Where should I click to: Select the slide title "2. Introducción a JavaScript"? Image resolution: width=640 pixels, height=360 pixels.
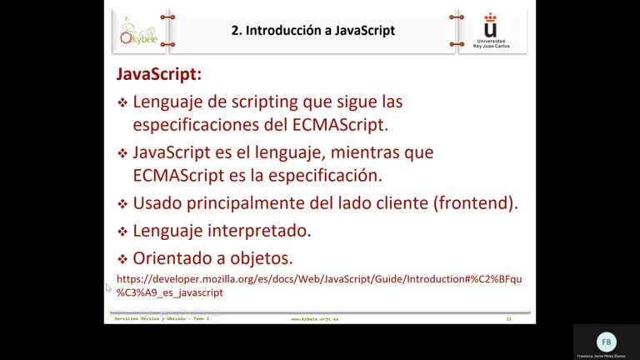313,31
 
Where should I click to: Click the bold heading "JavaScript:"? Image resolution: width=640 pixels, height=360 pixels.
158,74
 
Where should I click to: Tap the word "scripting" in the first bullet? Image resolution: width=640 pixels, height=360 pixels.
266,102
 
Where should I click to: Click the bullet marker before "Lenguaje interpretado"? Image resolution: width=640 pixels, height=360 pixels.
122,231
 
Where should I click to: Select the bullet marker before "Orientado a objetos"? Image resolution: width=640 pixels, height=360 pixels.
122,258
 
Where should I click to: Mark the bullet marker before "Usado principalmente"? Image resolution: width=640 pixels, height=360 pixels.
122,203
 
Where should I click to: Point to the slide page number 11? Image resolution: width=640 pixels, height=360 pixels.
507,319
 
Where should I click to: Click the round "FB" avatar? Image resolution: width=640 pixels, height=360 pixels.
607,342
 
